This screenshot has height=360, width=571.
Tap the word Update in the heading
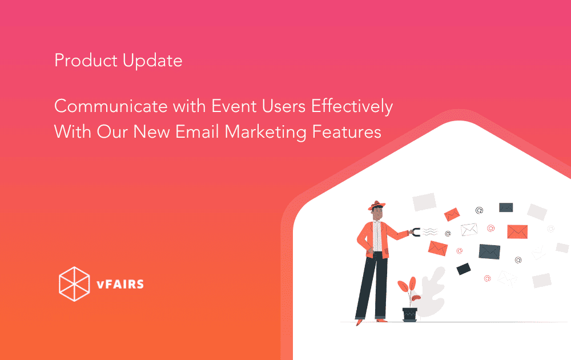tap(152, 61)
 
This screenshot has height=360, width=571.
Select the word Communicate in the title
tap(111, 106)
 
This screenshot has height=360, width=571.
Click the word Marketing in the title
tap(265, 133)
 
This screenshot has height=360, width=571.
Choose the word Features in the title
tap(347, 132)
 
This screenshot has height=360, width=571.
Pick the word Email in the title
tap(198, 132)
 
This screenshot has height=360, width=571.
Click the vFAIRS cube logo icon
tap(74, 284)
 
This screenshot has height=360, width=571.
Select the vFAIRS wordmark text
tap(120, 284)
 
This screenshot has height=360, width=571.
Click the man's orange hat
tap(376, 205)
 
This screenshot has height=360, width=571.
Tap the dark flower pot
tap(409, 314)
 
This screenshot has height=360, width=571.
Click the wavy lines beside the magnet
tap(430, 232)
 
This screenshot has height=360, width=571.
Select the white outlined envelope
tap(469, 230)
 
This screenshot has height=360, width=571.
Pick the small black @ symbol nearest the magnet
tap(448, 234)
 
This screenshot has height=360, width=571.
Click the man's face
tap(378, 214)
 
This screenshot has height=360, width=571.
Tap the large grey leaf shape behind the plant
tap(433, 291)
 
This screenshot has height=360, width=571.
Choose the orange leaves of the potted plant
tap(409, 288)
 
